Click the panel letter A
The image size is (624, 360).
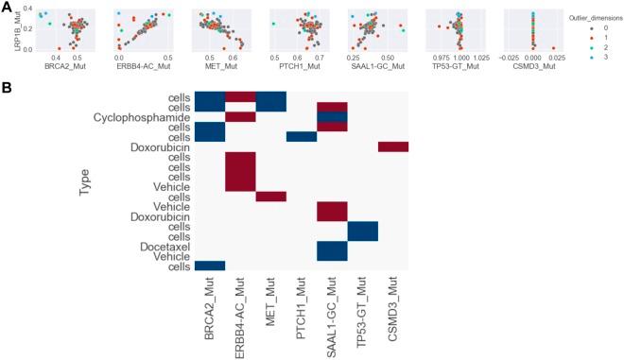click(8, 7)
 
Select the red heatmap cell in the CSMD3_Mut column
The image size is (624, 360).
click(393, 146)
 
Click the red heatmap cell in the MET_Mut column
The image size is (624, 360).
click(271, 197)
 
